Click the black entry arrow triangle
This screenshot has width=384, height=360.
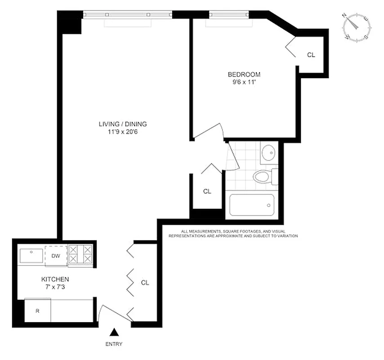[115, 333]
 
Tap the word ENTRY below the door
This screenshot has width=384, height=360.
[115, 344]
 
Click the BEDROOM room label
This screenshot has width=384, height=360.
[244, 75]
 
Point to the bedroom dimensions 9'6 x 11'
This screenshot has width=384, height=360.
[244, 82]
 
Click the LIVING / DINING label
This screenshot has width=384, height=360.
[123, 124]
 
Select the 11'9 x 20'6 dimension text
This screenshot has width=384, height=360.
[123, 132]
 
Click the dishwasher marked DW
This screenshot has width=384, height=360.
[56, 256]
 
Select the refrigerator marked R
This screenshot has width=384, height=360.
[37, 310]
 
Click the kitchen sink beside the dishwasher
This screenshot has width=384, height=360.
[31, 255]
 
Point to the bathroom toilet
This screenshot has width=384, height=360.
[263, 176]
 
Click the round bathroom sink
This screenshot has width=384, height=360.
[268, 153]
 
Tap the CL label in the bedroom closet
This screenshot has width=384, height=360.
[311, 55]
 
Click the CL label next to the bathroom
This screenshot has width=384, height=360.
[207, 191]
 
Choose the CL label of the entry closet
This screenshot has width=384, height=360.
[145, 283]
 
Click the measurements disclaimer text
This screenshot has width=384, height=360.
[232, 233]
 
